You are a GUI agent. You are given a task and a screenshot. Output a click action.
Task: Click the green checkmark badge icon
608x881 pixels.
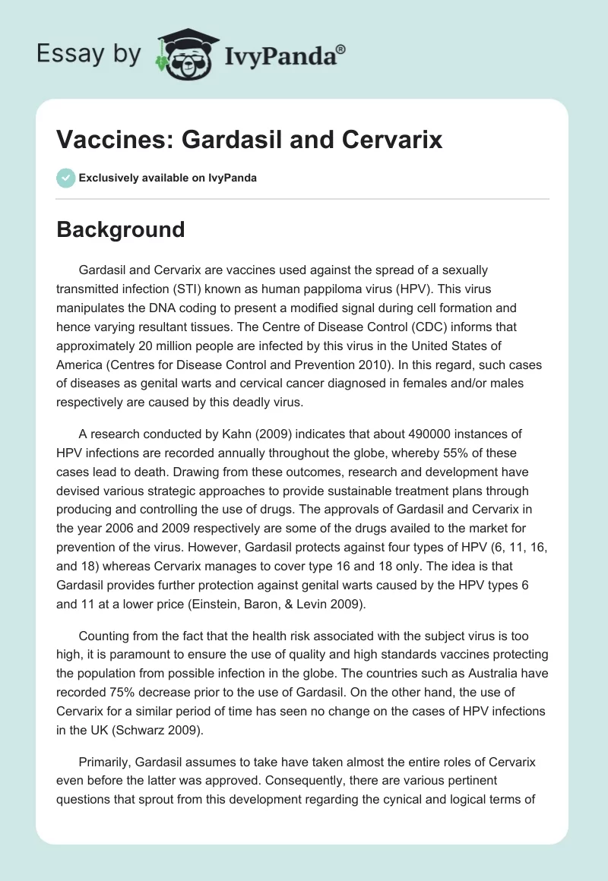coord(65,178)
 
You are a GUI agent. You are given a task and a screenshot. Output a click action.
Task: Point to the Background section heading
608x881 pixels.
coord(120,229)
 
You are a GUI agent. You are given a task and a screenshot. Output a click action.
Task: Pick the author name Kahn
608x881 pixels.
coord(230,434)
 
